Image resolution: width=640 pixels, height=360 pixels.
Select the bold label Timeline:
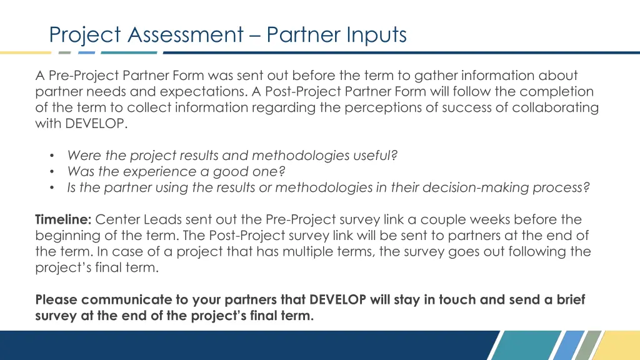[x=64, y=220]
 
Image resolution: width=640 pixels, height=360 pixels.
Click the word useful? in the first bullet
[x=374, y=155]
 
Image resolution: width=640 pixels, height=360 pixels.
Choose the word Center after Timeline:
[x=118, y=220]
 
